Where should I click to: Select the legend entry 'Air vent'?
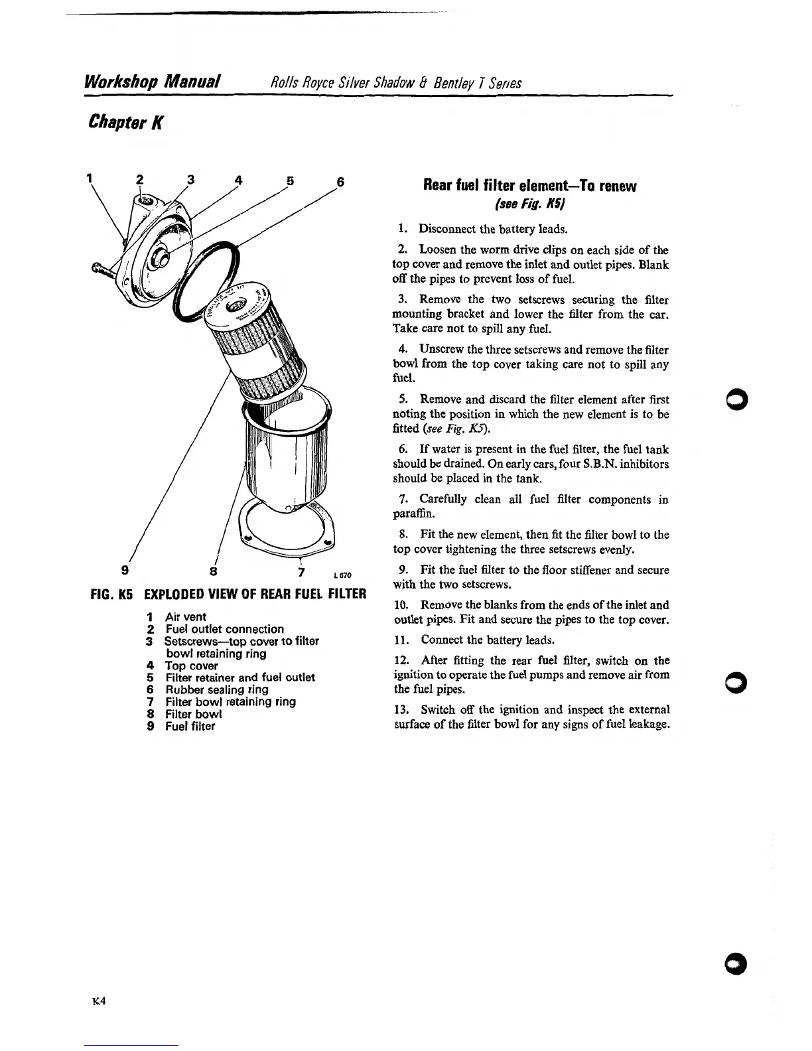click(185, 617)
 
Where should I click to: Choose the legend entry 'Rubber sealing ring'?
click(216, 689)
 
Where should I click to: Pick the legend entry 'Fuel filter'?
click(190, 726)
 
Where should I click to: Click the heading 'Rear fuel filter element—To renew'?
click(529, 186)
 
